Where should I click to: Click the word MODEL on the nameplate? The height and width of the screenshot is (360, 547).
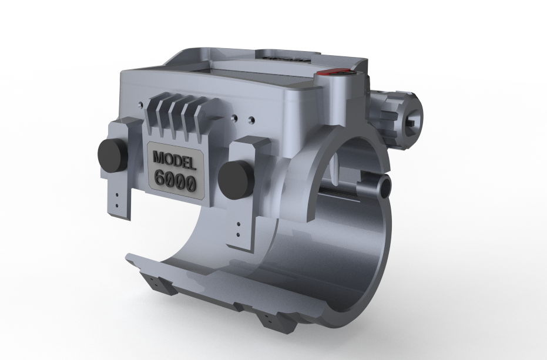[x=174, y=160]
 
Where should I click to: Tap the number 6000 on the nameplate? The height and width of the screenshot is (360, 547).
[x=174, y=180]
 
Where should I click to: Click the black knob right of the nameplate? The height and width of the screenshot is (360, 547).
[x=236, y=180]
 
